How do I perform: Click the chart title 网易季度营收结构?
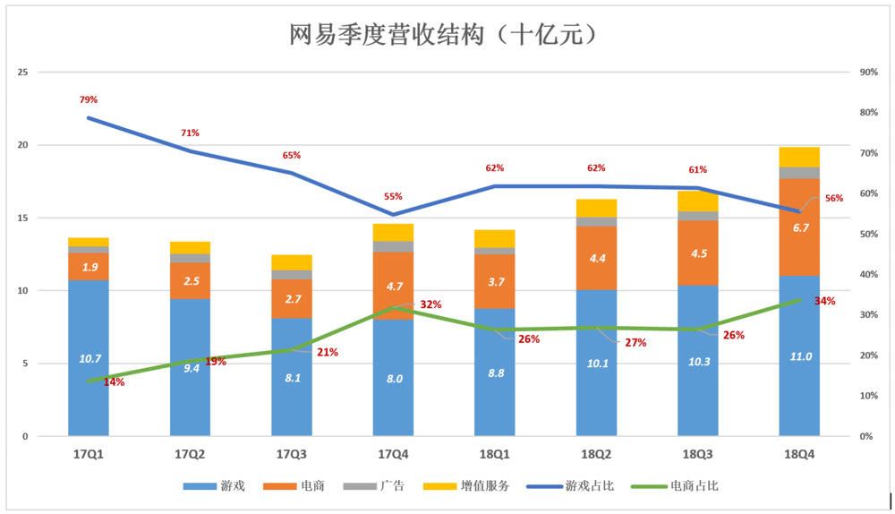pyautogui.click(x=444, y=35)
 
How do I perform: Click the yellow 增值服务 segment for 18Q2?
pyautogui.click(x=596, y=208)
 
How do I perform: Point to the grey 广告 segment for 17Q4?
pyautogui.click(x=393, y=246)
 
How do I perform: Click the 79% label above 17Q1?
pyautogui.click(x=88, y=99)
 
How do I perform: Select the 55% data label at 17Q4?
pyautogui.click(x=393, y=196)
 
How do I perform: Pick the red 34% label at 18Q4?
pyautogui.click(x=824, y=301)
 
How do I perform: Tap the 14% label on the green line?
pyautogui.click(x=114, y=382)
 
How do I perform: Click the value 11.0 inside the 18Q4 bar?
pyautogui.click(x=799, y=356)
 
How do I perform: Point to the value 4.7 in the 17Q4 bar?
pyautogui.click(x=393, y=287)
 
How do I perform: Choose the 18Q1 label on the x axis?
pyautogui.click(x=494, y=454)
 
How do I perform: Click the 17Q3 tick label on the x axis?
pyautogui.click(x=291, y=454)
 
